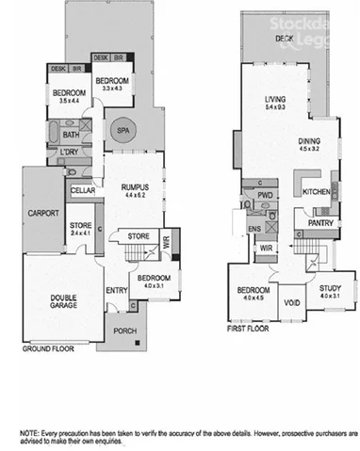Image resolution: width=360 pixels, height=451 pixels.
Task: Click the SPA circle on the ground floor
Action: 123,133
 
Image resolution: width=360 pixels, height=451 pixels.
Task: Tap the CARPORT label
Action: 43,213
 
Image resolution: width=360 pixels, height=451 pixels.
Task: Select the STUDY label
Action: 330,290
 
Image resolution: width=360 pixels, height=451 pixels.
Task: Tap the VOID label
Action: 292,302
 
